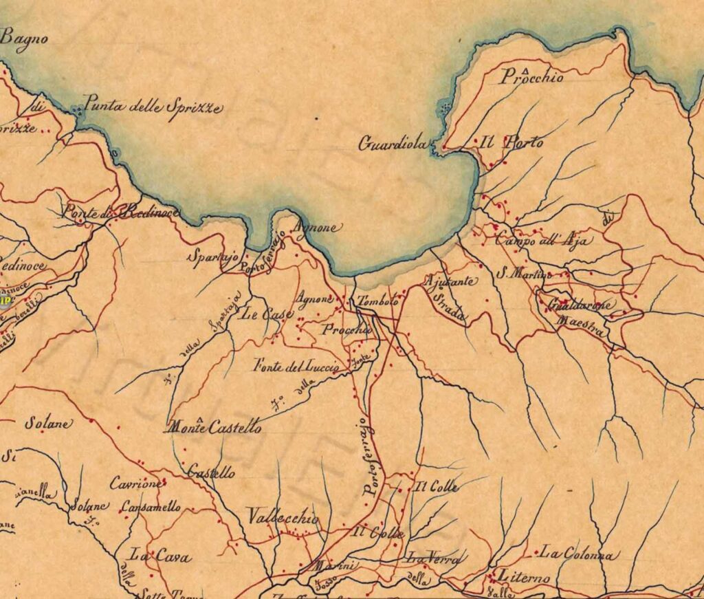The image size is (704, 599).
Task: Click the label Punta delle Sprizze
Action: [153, 108]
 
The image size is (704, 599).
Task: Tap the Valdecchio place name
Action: [283, 517]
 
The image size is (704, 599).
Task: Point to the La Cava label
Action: [161, 556]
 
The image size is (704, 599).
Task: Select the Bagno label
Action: [24, 39]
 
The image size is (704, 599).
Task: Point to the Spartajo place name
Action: [213, 257]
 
